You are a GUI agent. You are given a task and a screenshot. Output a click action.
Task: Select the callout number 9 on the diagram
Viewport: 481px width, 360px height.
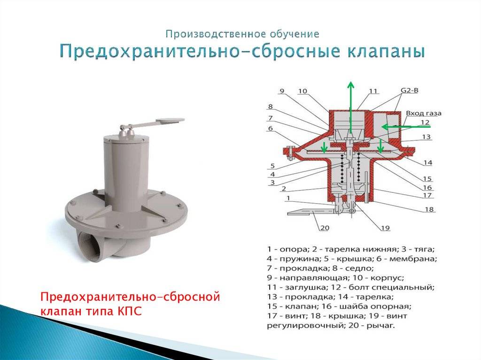(282, 91)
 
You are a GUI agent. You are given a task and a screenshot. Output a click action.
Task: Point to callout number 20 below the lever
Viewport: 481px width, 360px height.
(325, 228)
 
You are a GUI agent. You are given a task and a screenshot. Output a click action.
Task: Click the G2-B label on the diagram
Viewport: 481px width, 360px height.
(410, 91)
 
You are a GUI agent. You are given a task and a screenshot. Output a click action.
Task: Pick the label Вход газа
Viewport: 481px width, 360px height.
(424, 113)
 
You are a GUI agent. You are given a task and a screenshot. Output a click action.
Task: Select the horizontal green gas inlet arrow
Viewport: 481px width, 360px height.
(406, 126)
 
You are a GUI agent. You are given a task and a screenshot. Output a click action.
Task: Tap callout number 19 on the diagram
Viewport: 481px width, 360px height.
(385, 228)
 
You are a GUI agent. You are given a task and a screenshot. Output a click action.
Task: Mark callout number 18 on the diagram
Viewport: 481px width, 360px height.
(429, 209)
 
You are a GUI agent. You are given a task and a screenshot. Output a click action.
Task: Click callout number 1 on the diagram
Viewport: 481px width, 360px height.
(288, 198)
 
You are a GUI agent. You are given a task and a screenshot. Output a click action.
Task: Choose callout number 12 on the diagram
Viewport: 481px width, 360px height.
(425, 123)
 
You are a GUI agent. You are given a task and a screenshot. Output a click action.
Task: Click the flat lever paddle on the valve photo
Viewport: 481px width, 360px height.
(170, 121)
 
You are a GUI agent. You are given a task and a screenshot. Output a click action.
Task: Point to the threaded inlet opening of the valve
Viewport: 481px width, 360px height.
(88, 246)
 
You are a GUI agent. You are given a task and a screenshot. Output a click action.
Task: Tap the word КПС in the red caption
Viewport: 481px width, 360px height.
(130, 311)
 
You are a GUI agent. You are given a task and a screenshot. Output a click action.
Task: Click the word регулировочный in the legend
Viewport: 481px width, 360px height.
(303, 325)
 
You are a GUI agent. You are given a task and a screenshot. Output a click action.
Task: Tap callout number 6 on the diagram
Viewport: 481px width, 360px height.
(270, 128)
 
